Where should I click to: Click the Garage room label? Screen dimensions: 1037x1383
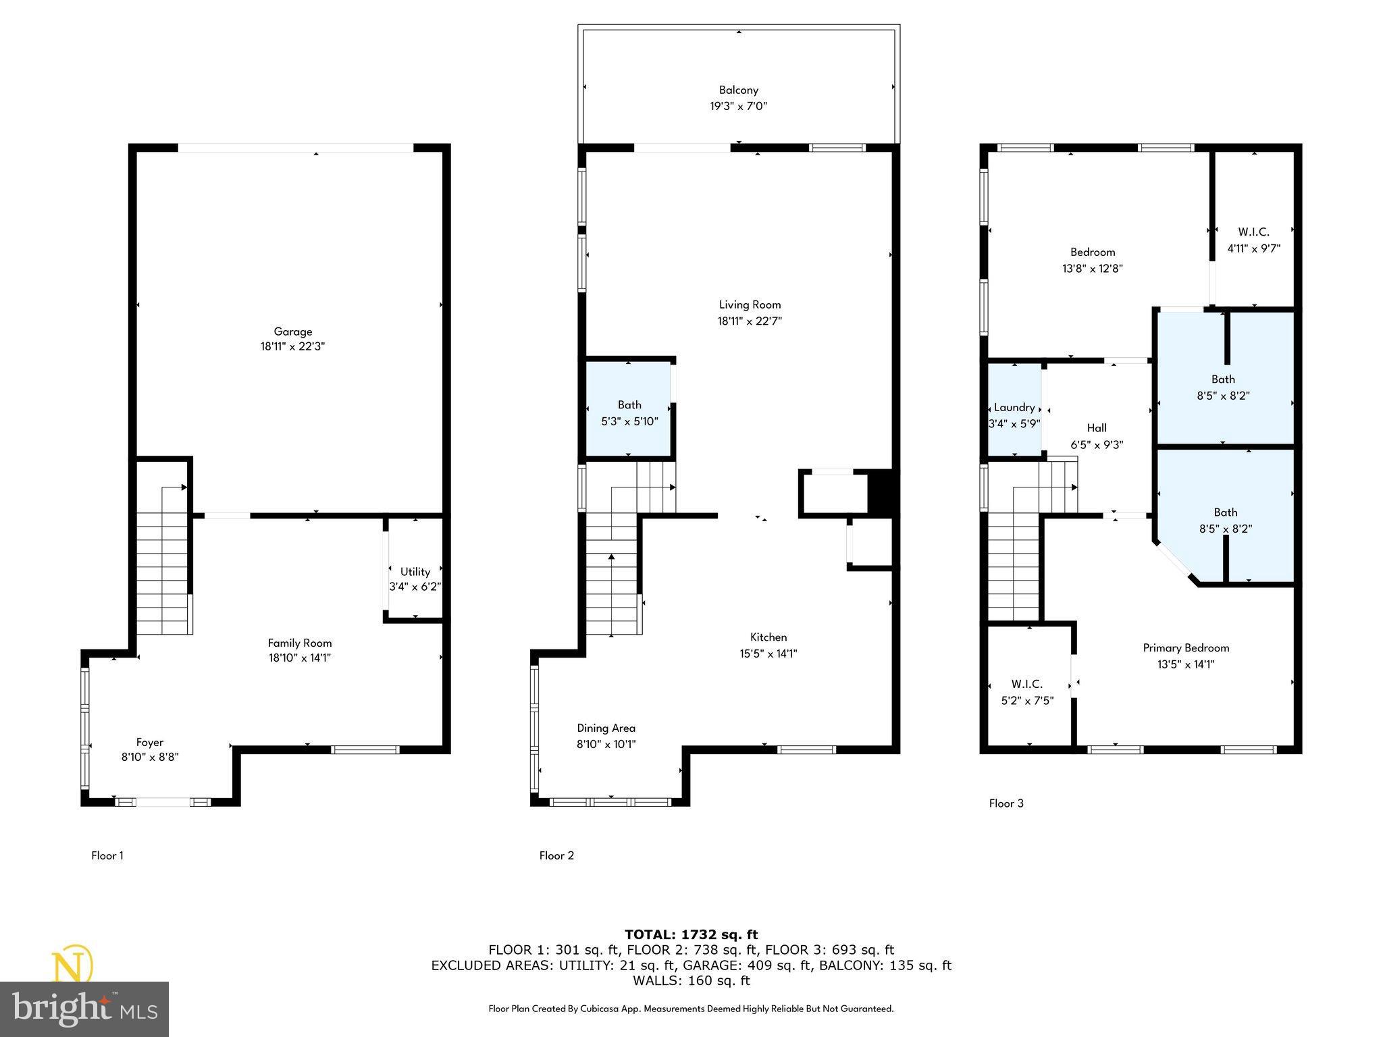293,331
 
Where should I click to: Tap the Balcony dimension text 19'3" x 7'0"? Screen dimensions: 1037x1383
738,107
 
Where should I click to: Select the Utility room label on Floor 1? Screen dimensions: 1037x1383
415,572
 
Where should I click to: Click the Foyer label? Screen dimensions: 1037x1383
150,742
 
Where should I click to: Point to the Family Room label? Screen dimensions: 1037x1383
300,643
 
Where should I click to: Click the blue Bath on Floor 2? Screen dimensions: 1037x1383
629,412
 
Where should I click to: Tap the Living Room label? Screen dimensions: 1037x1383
750,304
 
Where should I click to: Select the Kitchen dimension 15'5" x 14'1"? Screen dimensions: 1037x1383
768,654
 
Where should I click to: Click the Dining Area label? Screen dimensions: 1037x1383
606,728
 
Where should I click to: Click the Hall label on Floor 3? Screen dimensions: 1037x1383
1097,428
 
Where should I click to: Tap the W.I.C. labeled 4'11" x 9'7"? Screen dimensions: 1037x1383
1253,240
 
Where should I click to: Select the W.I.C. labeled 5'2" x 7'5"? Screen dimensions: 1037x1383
1027,693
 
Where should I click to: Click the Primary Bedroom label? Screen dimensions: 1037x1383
1186,648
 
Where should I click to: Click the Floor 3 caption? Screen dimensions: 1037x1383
1006,803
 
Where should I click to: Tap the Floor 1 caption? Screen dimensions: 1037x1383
107,855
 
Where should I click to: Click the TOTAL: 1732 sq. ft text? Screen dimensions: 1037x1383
691,934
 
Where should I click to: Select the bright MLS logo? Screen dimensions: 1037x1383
84,1009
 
